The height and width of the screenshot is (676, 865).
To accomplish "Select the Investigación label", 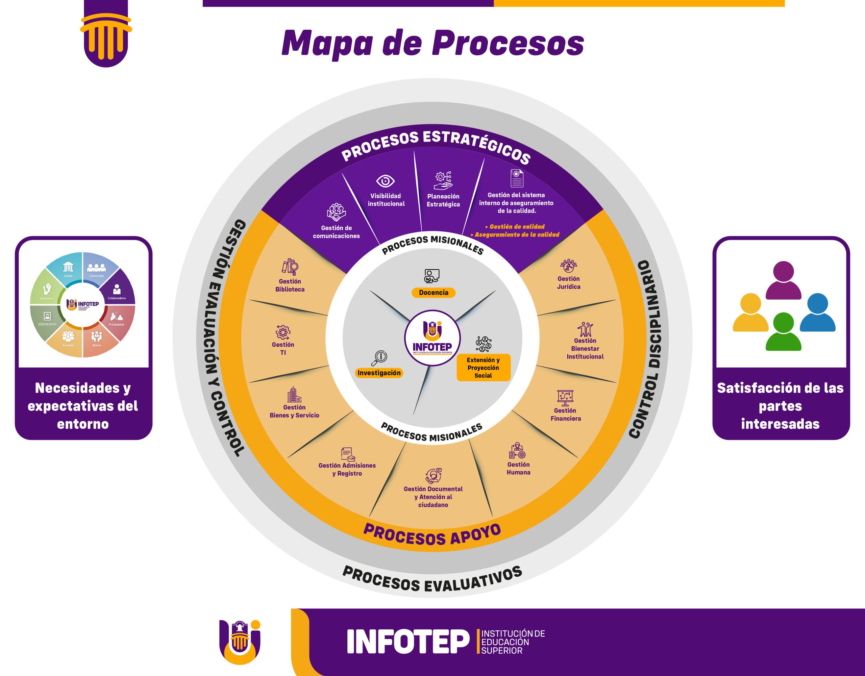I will (379, 373).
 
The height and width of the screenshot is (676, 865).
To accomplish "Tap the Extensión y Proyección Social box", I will (483, 368).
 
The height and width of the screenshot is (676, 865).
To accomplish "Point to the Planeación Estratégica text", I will (443, 200).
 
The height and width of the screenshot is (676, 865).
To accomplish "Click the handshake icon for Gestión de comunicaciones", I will (336, 212).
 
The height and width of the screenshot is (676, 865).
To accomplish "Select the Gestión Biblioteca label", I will (290, 285).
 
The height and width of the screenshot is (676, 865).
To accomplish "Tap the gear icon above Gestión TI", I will (283, 332).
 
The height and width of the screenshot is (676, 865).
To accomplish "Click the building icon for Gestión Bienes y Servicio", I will (294, 395).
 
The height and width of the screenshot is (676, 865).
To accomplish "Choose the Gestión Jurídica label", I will (569, 283).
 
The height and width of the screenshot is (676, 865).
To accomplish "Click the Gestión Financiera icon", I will (565, 396).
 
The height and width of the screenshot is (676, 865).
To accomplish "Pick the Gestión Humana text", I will (518, 469).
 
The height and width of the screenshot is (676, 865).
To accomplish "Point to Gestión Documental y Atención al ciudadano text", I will (433, 497).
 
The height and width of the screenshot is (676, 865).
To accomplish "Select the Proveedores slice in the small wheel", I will (117, 319).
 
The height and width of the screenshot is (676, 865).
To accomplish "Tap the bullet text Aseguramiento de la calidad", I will (517, 235).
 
